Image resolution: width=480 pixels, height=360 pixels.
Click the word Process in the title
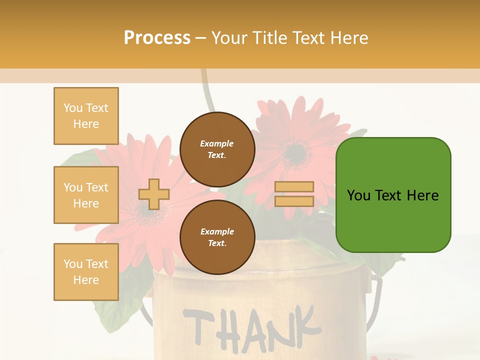(x=157, y=38)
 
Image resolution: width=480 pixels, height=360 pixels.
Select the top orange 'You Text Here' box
(x=86, y=116)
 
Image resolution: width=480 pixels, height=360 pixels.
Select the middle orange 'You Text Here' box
(x=86, y=195)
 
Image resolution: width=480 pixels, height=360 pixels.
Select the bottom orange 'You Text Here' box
(x=86, y=272)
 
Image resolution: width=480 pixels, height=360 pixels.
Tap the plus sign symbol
(x=153, y=194)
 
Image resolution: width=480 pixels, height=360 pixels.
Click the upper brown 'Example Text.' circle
(x=217, y=149)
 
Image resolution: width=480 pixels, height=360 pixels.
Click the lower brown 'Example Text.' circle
(x=217, y=237)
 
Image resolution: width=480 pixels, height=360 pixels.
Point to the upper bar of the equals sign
(x=294, y=186)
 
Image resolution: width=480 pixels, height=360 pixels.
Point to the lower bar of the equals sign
(x=294, y=201)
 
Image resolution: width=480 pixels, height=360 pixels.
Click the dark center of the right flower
(x=296, y=153)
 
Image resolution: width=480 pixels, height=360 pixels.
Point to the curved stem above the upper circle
(x=207, y=92)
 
